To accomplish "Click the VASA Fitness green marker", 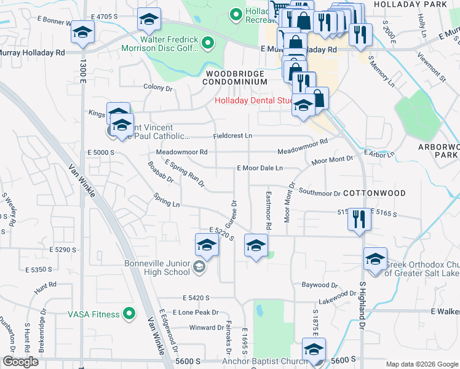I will click(129, 314).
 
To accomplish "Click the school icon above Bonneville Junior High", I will click(207, 247).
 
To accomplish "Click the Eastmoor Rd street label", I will click(269, 210).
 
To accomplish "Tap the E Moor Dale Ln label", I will click(260, 168).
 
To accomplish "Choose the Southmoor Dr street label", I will click(319, 193).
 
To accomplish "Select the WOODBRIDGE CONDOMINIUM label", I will click(234, 77).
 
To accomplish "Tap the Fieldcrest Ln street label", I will click(232, 135).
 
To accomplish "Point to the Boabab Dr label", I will click(162, 172).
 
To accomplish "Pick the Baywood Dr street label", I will click(320, 285).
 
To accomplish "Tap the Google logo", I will click(20, 362).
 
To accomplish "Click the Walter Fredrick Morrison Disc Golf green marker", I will click(208, 43).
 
